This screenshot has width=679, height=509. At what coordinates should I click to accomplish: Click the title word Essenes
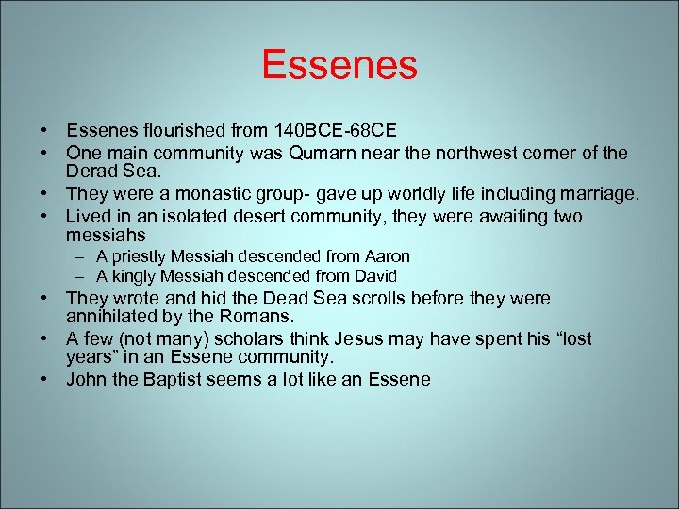(x=339, y=65)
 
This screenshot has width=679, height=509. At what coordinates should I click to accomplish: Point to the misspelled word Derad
(x=91, y=172)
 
